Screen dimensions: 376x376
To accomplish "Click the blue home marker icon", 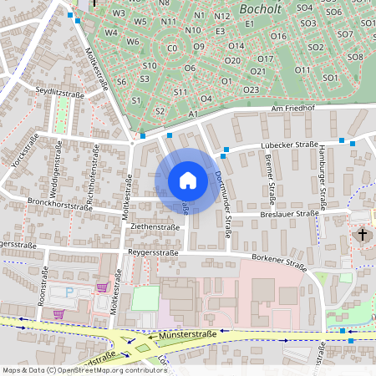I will [x=188, y=180].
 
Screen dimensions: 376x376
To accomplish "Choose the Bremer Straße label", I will [x=270, y=179].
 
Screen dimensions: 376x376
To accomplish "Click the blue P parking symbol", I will [x=69, y=292].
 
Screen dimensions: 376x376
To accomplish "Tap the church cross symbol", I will [x=362, y=234].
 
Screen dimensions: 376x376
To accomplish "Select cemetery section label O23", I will [x=250, y=89].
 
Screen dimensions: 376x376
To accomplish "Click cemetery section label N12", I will [x=221, y=16].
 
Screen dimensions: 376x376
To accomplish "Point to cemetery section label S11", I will [x=179, y=91].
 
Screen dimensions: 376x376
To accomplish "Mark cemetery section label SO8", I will [x=355, y=57].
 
